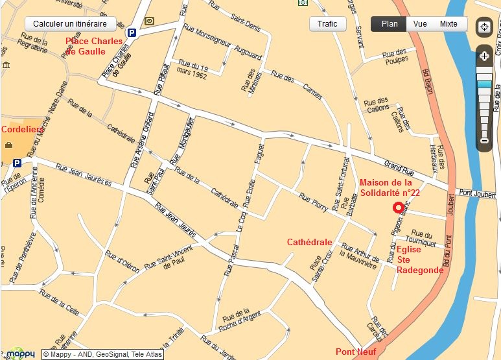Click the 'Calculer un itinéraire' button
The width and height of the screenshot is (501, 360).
(70, 24)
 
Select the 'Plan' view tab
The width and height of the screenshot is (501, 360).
(389, 24)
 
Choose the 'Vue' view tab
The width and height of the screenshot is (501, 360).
(420, 24)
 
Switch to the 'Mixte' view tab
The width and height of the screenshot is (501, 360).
(449, 24)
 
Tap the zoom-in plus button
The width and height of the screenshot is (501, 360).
(484, 56)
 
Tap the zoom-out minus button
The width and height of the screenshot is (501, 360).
(484, 141)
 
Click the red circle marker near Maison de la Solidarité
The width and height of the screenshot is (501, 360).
(398, 208)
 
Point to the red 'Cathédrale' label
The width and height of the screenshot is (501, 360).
(309, 242)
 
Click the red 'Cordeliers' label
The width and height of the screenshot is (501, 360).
(22, 129)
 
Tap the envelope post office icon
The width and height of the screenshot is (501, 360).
(150, 21)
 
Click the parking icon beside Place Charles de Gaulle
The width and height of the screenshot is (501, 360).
(132, 32)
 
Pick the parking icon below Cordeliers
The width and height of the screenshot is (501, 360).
(17, 163)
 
